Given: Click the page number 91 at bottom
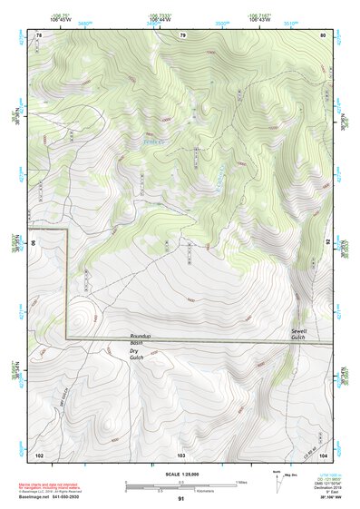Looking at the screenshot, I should (181, 499).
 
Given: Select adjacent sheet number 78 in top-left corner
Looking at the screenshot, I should (39, 34).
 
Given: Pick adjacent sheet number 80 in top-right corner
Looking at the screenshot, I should (322, 34).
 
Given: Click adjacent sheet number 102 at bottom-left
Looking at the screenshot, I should (39, 453).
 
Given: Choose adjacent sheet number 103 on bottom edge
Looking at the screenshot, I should (181, 453).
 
